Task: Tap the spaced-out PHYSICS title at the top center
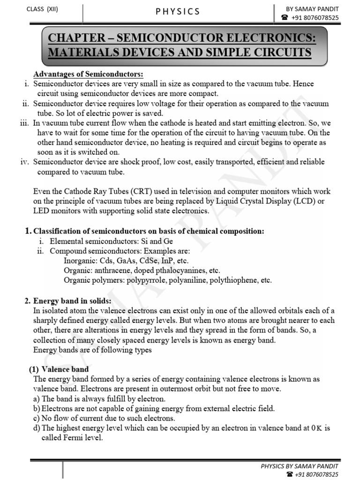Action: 178,11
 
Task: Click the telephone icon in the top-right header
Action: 285,18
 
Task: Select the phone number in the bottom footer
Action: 314,474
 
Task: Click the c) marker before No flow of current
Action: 37,418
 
